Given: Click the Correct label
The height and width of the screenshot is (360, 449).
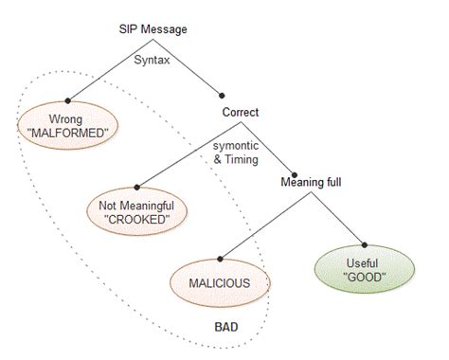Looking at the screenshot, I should (x=241, y=112).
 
